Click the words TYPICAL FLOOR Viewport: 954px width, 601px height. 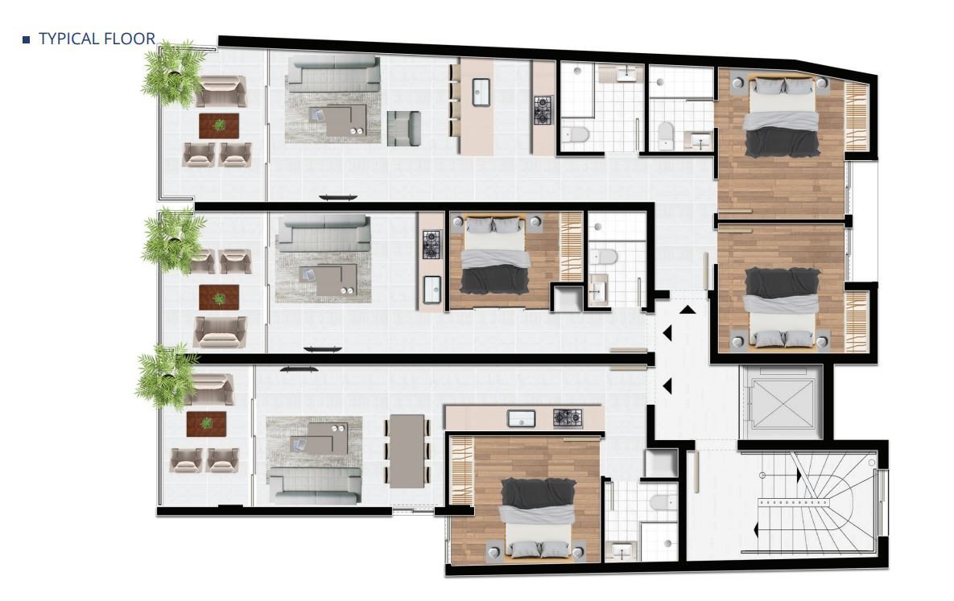click(x=97, y=39)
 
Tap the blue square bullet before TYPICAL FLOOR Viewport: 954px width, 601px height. click(x=26, y=39)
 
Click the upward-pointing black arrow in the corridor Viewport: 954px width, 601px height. click(x=688, y=310)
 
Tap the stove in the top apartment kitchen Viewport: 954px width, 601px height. click(x=543, y=110)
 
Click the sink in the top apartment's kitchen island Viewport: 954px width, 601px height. click(x=481, y=92)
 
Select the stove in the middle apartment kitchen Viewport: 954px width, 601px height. click(x=432, y=244)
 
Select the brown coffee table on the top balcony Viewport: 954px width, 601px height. click(x=219, y=125)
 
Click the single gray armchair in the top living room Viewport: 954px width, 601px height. click(x=403, y=128)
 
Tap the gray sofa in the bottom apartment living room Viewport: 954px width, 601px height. click(x=315, y=484)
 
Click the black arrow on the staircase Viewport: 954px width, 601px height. click(x=756, y=530)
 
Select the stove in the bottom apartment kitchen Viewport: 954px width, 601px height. click(x=568, y=418)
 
